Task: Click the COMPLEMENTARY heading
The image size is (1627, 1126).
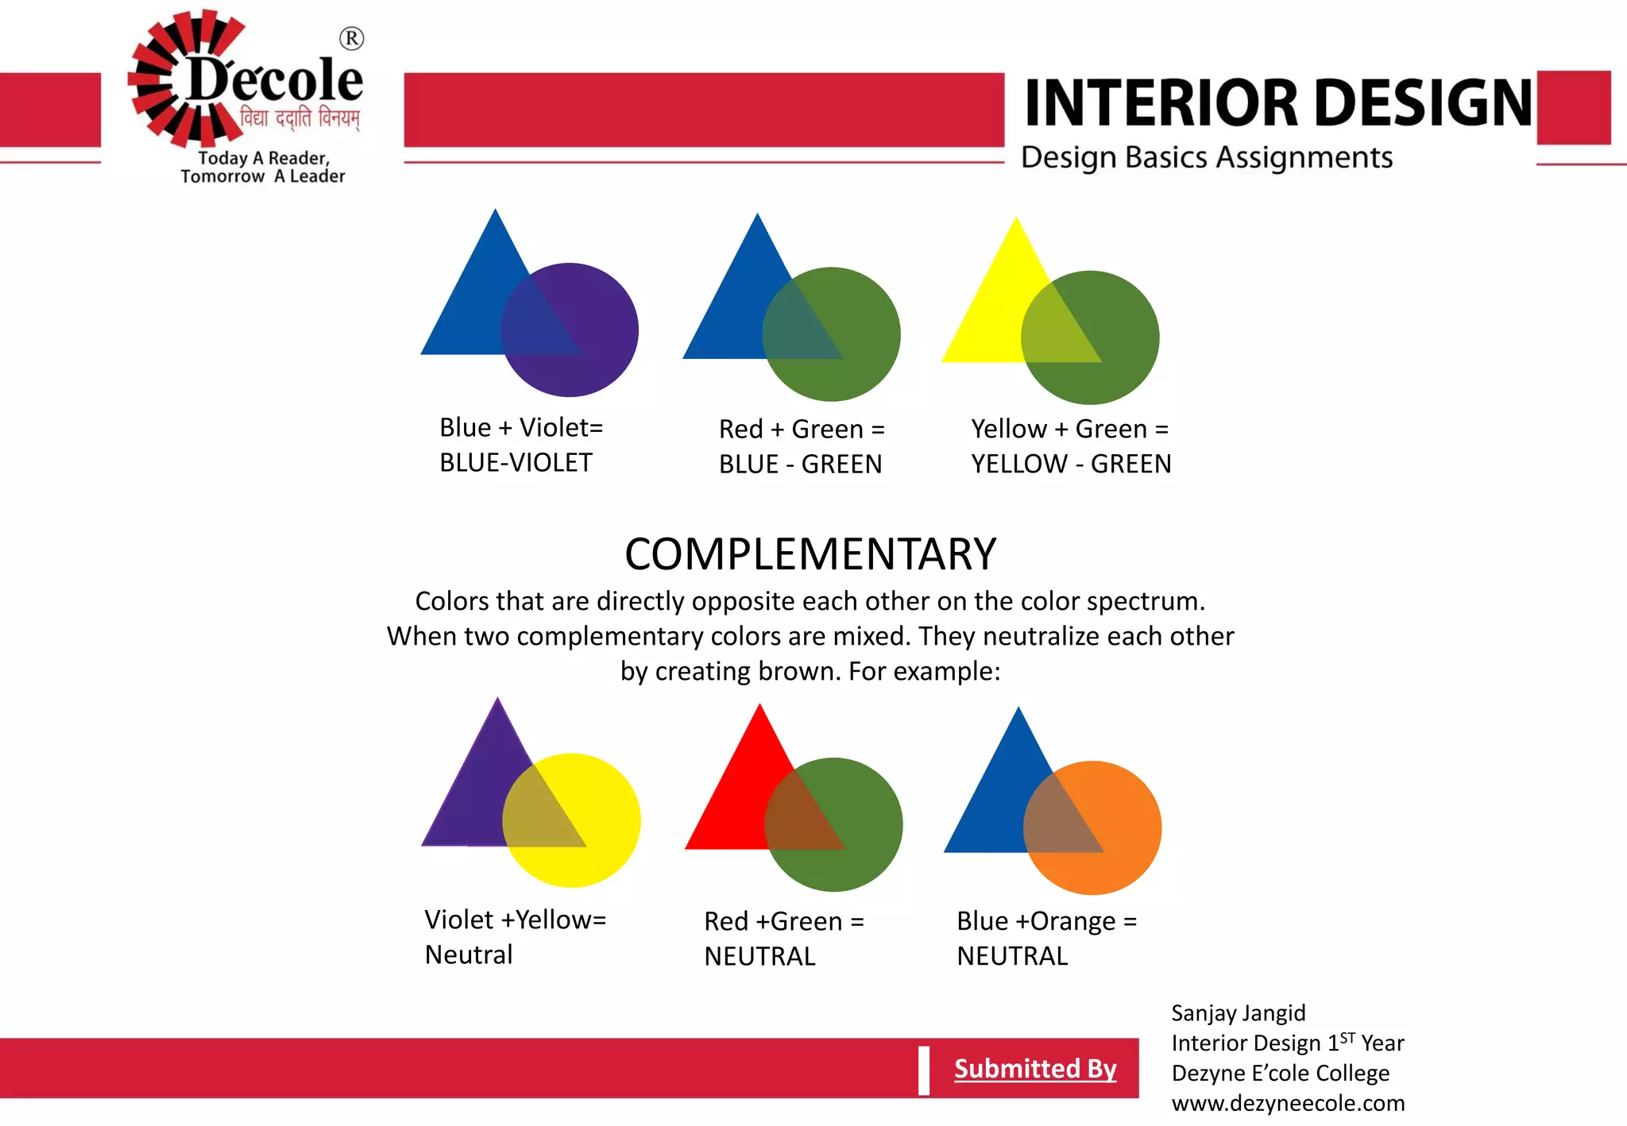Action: click(x=810, y=554)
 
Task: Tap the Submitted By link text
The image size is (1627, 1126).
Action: click(x=1034, y=1069)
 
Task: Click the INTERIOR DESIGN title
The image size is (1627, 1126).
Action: click(x=1277, y=103)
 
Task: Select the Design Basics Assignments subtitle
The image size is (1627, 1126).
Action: click(x=1206, y=157)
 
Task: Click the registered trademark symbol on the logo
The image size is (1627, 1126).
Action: click(x=351, y=38)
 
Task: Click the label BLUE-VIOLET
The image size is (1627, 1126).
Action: click(x=516, y=463)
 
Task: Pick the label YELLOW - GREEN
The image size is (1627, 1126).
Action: click(x=1070, y=464)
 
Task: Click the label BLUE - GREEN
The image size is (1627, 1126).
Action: click(x=800, y=465)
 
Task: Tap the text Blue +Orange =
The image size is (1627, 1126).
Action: click(x=1046, y=921)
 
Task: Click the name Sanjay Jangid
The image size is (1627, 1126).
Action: click(x=1238, y=1013)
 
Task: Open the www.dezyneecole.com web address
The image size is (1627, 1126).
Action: click(x=1287, y=1104)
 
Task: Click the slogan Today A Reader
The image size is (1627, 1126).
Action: click(x=264, y=158)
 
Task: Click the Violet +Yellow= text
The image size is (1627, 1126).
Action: click(x=515, y=920)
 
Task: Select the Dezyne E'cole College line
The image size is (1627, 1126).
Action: click(x=1280, y=1074)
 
